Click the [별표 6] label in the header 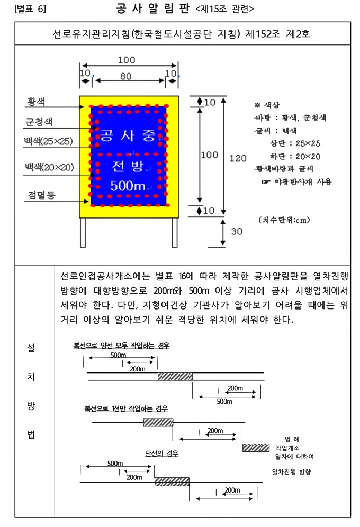click(31, 9)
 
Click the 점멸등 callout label click(40, 195)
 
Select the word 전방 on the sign click(128, 167)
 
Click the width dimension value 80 click(125, 76)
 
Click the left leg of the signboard click(83, 232)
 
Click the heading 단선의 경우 click(161, 453)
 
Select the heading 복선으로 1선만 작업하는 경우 click(126, 408)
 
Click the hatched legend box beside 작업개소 click(256, 448)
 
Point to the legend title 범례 click(292, 439)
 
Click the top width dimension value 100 click(126, 59)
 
